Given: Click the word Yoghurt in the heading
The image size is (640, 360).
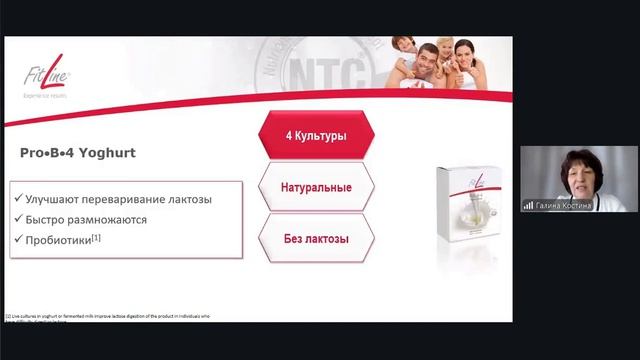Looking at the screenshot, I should [x=108, y=154].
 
